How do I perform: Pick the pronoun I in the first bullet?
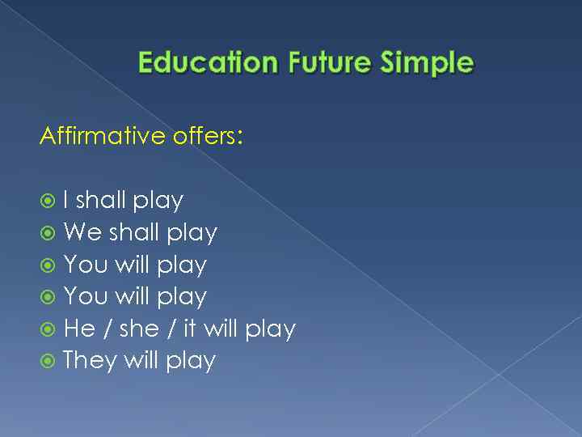tap(65, 200)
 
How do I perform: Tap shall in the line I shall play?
tap(101, 200)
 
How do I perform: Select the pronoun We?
tap(82, 232)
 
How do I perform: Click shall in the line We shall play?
tap(135, 232)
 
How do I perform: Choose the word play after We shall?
tap(192, 234)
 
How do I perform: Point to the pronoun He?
tap(79, 329)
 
